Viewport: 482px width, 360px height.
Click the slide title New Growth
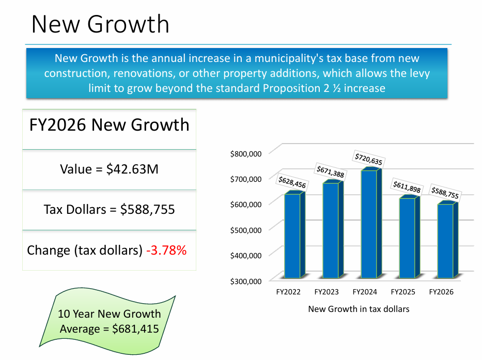point(100,24)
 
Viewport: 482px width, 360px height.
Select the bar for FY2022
point(292,235)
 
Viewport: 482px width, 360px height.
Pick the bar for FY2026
point(445,240)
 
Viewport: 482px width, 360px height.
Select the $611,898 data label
point(407,187)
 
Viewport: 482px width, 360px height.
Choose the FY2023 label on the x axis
point(326,292)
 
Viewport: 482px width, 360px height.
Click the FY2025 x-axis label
point(403,292)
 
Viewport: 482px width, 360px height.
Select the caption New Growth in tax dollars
point(359,309)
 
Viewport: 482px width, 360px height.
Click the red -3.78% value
point(166,251)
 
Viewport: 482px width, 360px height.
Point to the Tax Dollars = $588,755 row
point(109,210)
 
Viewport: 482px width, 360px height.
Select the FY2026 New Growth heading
point(109,125)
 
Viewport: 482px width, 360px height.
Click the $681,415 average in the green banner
point(135,328)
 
